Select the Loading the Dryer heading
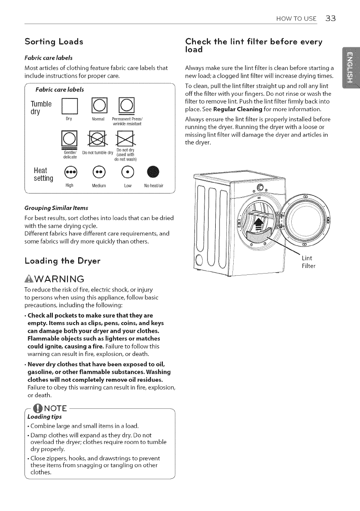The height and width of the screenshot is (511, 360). [x=56, y=260]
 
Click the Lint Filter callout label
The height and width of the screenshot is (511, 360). [x=308, y=262]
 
